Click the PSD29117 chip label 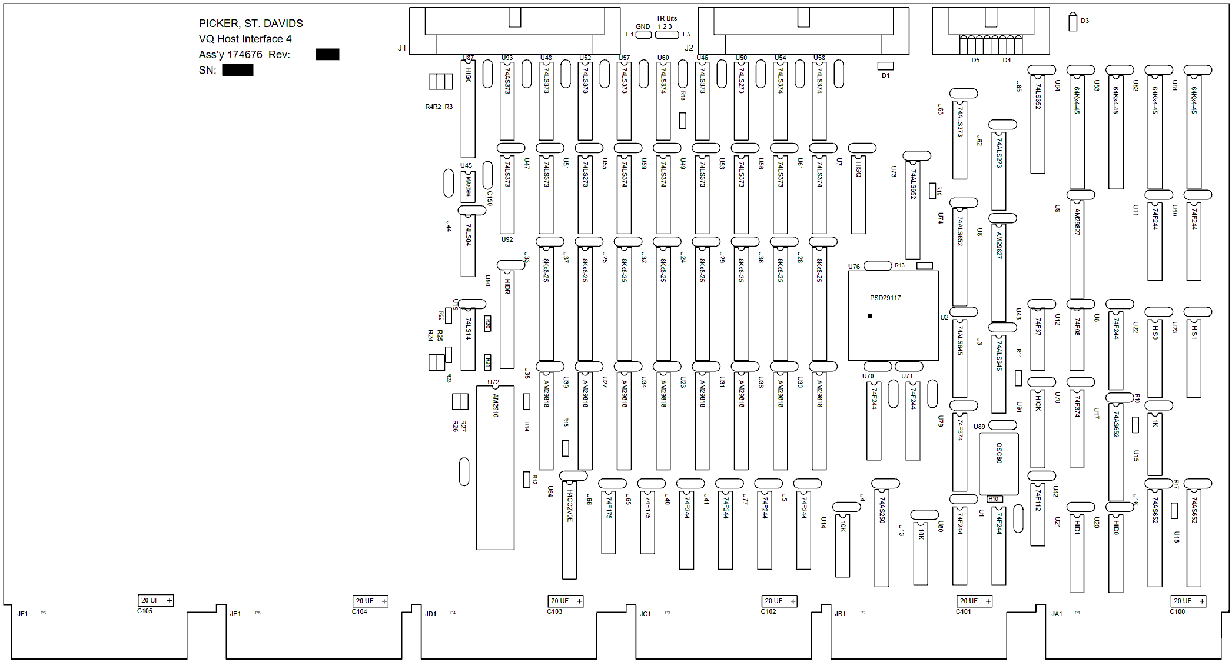click(885, 298)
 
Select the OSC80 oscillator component click(998, 464)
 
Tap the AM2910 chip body click(495, 468)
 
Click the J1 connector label click(402, 48)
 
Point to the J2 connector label click(689, 48)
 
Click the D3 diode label click(1084, 21)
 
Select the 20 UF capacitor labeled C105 click(155, 601)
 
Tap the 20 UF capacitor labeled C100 click(1188, 601)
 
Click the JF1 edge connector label click(22, 614)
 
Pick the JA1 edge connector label click(1057, 614)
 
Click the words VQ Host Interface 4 click(245, 39)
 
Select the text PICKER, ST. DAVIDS click(250, 24)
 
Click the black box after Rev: click(327, 55)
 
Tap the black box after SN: click(237, 70)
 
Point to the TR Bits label click(666, 18)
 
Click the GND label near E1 click(643, 26)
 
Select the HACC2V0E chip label click(569, 505)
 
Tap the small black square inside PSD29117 click(870, 316)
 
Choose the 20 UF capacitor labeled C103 click(565, 601)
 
